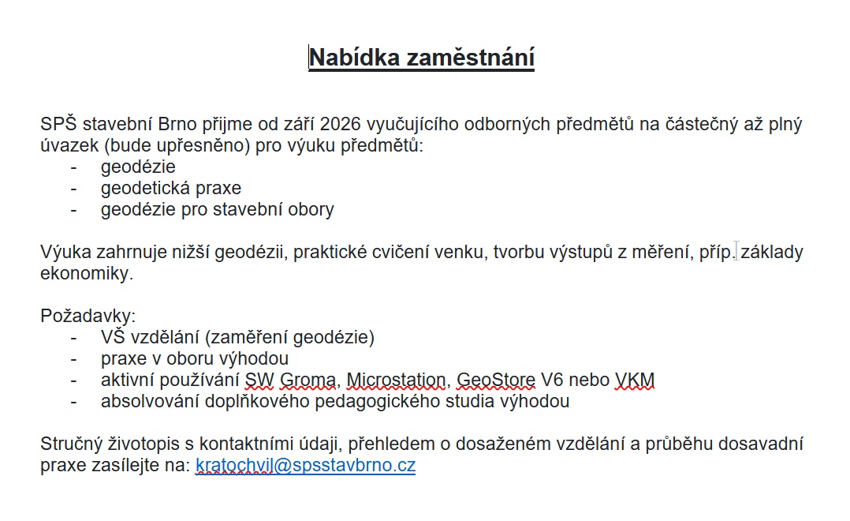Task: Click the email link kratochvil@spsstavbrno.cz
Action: tap(305, 466)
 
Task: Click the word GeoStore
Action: tap(495, 380)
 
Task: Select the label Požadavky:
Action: tap(88, 316)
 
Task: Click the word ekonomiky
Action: tap(87, 274)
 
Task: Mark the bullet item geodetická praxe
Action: tap(170, 189)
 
